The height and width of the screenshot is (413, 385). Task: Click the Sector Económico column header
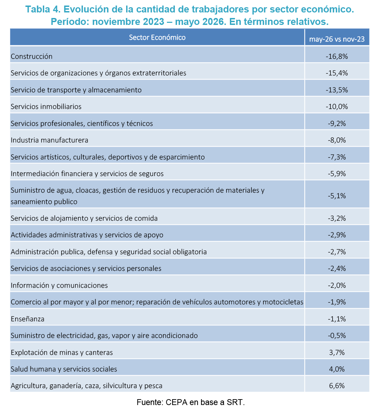(x=157, y=37)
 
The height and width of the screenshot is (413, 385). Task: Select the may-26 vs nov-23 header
(x=337, y=39)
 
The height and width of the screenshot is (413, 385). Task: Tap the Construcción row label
(x=31, y=56)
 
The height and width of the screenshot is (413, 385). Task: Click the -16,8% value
(x=337, y=56)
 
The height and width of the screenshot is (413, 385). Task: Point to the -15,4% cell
(x=337, y=73)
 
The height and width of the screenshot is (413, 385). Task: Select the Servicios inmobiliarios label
(x=46, y=107)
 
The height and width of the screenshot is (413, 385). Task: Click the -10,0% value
(x=337, y=107)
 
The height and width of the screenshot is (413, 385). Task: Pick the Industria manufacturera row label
(x=49, y=140)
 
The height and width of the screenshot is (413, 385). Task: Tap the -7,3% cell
(x=337, y=157)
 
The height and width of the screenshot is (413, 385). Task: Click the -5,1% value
(x=337, y=196)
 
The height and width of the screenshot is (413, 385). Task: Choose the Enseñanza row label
(x=28, y=319)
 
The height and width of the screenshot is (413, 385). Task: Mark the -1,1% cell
(x=337, y=319)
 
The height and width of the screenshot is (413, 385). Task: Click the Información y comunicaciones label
(x=59, y=285)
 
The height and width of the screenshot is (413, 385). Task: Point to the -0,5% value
(x=337, y=336)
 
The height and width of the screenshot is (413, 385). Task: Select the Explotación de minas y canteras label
(x=62, y=352)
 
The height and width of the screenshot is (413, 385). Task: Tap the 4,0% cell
(x=337, y=369)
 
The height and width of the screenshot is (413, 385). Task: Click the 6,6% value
(x=337, y=386)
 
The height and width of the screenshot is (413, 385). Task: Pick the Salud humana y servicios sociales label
(x=64, y=369)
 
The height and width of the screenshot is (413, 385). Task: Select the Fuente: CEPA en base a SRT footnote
(x=191, y=403)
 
